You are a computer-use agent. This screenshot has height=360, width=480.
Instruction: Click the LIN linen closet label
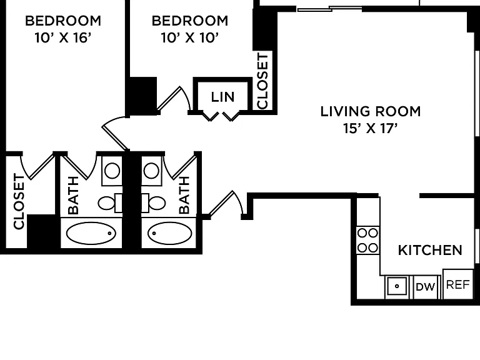point(223,97)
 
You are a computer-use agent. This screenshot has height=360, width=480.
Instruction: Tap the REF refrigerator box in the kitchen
point(458,284)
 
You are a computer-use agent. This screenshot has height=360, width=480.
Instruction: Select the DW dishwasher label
point(426,287)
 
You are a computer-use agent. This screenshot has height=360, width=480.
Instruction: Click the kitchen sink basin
point(397,286)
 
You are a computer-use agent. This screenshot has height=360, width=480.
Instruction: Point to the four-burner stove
point(368,240)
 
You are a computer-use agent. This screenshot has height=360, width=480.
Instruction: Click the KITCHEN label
point(430,251)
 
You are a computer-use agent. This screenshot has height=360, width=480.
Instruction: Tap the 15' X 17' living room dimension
point(370,128)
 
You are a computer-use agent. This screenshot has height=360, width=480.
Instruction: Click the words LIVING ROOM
point(371,111)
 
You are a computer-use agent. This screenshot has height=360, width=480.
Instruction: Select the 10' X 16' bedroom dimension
point(63,38)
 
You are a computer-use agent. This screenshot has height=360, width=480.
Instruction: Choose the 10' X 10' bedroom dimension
point(190,38)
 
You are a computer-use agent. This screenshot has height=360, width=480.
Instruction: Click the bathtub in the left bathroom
point(91,233)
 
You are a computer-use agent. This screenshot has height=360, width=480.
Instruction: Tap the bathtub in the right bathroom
point(169,233)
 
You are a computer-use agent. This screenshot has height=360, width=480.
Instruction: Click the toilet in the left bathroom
point(109,203)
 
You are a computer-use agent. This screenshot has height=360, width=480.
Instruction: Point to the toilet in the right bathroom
point(154,203)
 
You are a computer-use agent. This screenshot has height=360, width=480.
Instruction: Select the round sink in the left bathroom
point(112,171)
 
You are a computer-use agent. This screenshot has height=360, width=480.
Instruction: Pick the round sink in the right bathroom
point(151,171)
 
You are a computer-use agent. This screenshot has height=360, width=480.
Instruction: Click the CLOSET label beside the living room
point(263,81)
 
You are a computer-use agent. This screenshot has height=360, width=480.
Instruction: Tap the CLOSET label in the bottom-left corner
point(19,201)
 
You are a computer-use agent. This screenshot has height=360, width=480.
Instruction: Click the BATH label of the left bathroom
point(74,195)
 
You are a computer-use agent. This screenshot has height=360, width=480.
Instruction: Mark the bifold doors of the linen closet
point(221,116)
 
